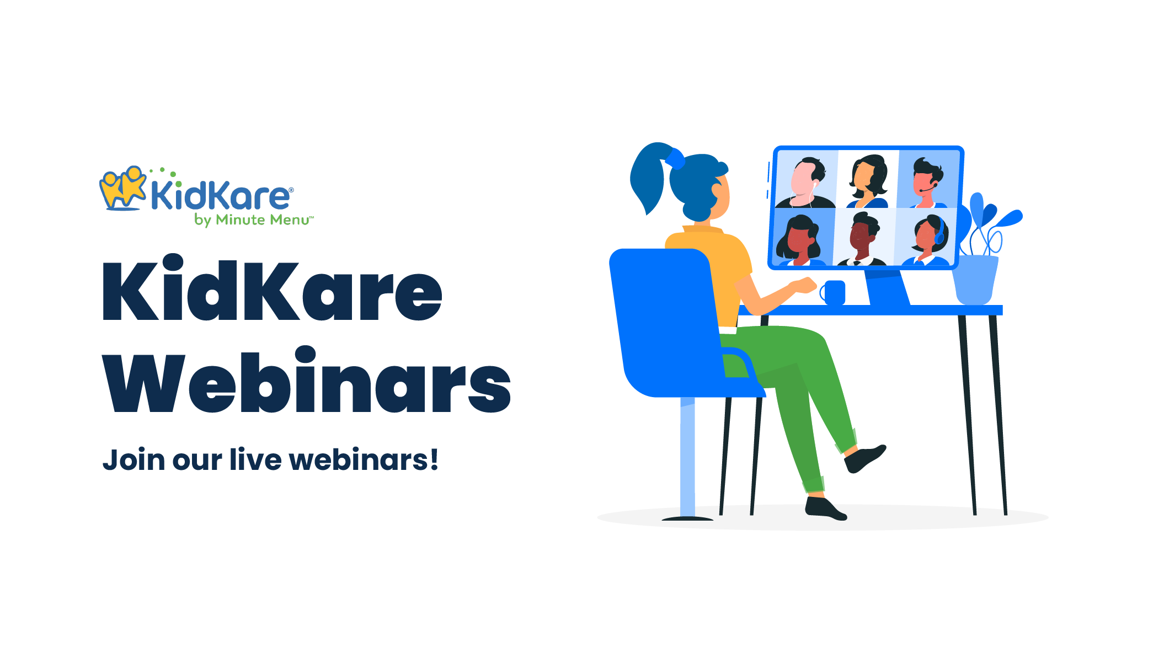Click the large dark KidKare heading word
point(271,290)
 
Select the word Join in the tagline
point(134,460)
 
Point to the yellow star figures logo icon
point(122,188)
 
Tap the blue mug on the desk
point(834,292)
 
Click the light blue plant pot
point(975,279)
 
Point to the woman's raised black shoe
point(864,458)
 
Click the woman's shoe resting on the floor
point(824,508)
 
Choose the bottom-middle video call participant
point(863,238)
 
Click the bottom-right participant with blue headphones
point(929,238)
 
